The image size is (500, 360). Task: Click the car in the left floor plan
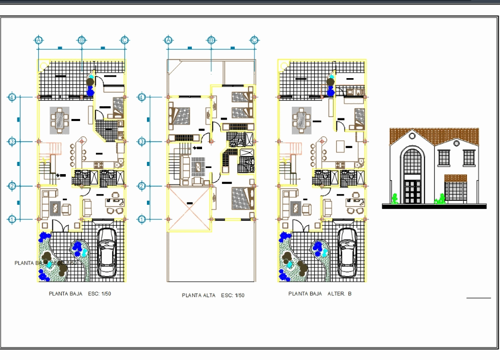point(107,252)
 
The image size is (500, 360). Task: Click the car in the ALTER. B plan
point(347,252)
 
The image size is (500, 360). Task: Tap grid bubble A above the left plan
point(38,40)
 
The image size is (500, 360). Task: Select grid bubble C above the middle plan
point(254,40)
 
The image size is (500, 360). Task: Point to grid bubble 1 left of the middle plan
point(142,219)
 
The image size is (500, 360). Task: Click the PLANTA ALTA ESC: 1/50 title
point(213,296)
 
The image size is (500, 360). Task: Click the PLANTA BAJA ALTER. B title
point(320,294)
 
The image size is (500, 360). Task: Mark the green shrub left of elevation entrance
point(394,199)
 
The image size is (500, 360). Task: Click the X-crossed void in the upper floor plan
point(189,204)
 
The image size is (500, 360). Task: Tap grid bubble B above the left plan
point(82,40)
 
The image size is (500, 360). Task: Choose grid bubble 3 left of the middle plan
point(142,141)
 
